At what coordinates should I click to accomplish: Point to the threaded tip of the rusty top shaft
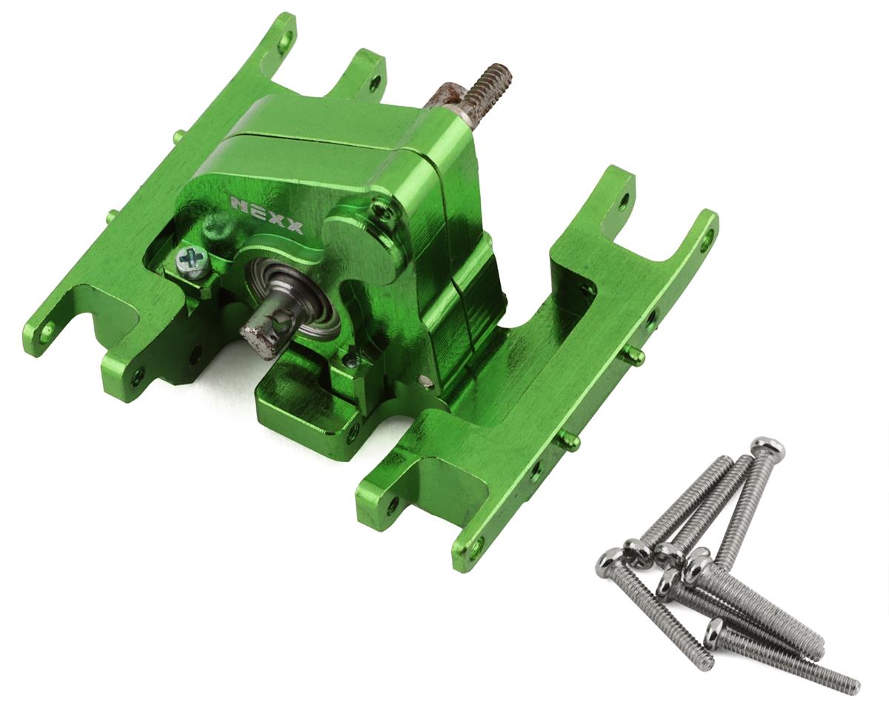point(496,77)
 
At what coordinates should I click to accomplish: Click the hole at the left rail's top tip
point(284,41)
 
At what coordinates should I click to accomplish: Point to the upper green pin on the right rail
point(635,355)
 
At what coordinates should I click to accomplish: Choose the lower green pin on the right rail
point(570,441)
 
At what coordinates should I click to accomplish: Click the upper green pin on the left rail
point(178,136)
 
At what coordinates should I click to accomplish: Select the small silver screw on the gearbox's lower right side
point(425,381)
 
